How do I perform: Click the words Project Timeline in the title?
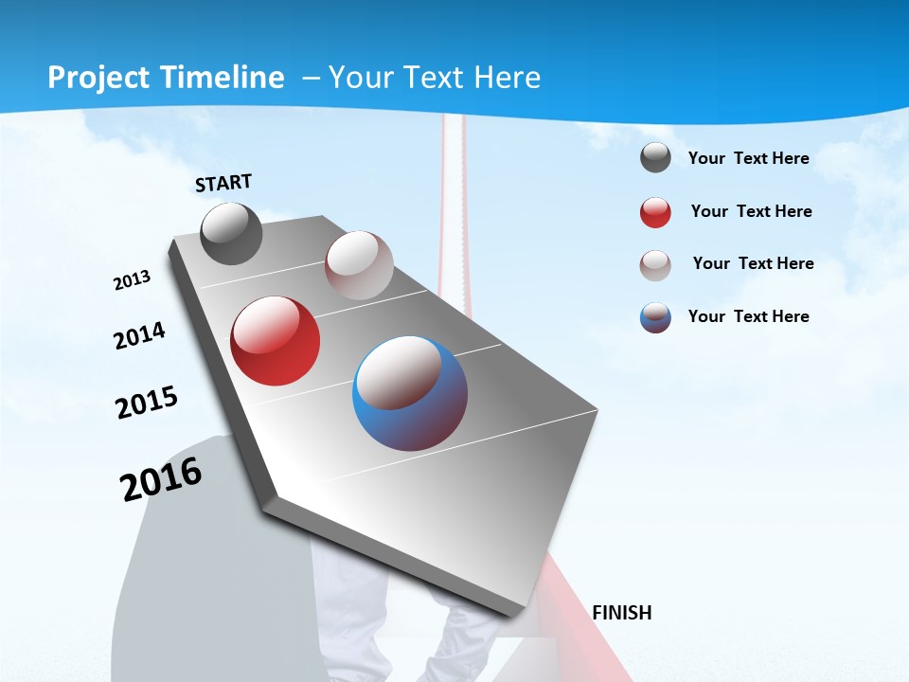pos(166,78)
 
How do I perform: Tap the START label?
pos(223,183)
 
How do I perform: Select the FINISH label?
pos(621,613)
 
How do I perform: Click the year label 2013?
pos(132,280)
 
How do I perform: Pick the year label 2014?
pos(139,336)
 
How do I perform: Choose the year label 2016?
pos(161,479)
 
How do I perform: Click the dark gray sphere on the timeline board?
pos(231,234)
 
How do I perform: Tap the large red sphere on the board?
pos(276,341)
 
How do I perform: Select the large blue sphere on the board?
pos(410,393)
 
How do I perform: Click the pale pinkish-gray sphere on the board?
pos(359,265)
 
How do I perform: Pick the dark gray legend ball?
pos(655,158)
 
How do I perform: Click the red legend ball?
pos(655,212)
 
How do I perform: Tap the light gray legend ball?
pos(655,264)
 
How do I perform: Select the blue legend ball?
pos(655,317)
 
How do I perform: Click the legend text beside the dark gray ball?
pos(748,158)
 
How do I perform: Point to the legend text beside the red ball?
pos(751,211)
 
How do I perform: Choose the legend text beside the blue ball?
pos(748,316)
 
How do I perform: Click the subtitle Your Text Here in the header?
pos(434,78)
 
